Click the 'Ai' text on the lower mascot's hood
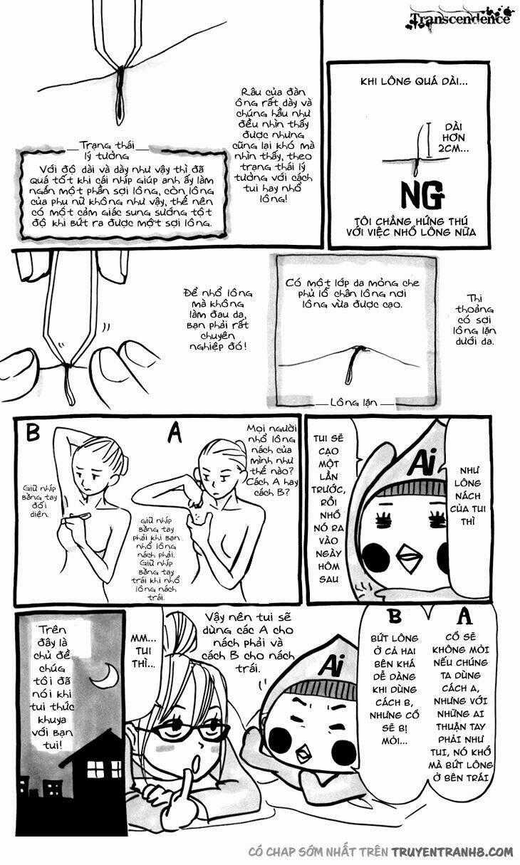coord(328,665)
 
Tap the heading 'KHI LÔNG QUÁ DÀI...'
coord(414,82)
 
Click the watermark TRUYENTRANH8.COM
coord(440,852)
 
